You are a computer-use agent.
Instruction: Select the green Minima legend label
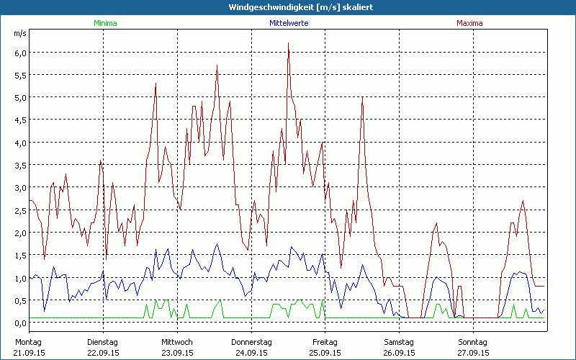point(104,23)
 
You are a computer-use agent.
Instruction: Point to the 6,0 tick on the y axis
point(20,53)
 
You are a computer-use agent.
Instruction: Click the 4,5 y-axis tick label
point(20,120)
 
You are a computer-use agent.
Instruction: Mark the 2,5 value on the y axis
point(20,210)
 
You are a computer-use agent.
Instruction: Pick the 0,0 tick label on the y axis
point(20,323)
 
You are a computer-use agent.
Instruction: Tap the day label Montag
point(29,341)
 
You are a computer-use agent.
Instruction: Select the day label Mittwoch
point(177,341)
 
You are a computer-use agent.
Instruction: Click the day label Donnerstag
point(251,341)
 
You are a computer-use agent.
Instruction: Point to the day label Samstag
point(399,341)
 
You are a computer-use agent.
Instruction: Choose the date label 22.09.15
point(103,353)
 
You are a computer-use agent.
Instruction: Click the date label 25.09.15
point(325,353)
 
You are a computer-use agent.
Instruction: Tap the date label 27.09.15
point(473,353)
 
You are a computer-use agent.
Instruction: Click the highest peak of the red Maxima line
point(288,43)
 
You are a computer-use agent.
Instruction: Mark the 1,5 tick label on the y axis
point(20,255)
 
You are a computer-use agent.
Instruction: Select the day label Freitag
point(325,341)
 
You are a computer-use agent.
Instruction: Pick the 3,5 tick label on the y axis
point(20,165)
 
